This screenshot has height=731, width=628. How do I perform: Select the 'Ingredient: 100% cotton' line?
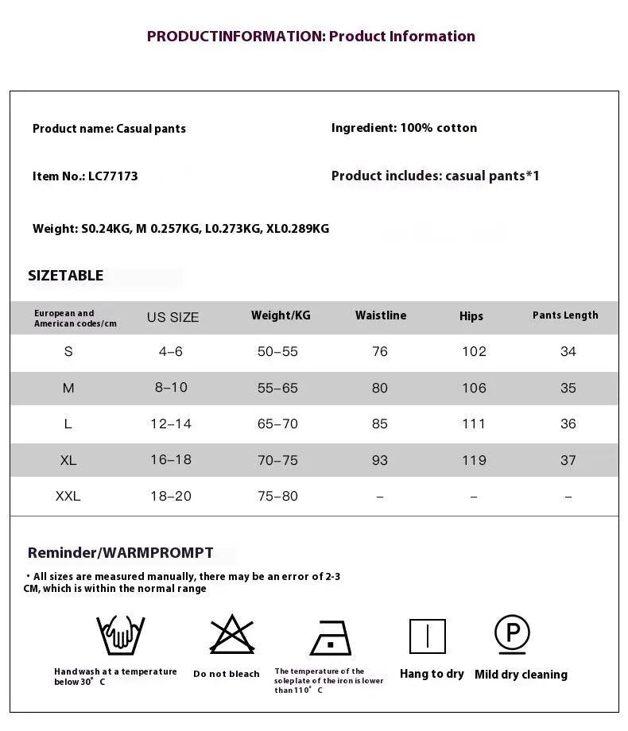pos(404,128)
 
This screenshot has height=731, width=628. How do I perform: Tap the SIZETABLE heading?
pos(65,276)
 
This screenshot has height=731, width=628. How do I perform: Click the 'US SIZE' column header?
pos(173,317)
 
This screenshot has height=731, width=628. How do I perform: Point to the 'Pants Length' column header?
pos(565,315)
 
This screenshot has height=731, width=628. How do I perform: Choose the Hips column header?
pos(471,316)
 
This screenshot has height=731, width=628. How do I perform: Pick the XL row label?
pos(68,460)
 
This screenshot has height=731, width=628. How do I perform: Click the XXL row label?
pos(68,497)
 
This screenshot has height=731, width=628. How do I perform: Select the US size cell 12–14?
pos(171,424)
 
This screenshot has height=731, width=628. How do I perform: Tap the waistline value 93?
pos(380,460)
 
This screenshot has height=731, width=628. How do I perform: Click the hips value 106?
pos(474,388)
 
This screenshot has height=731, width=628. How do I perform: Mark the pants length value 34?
pos(568,352)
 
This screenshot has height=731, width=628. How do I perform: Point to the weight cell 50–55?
pos(277,352)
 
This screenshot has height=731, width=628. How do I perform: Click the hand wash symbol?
pos(121,635)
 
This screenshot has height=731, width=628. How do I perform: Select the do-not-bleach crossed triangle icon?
pos(231,635)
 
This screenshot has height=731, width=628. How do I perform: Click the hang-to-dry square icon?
pos(428,636)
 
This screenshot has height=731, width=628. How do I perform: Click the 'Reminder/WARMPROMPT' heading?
pos(120,553)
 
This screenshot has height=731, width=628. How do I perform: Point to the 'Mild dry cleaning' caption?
pos(521,675)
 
